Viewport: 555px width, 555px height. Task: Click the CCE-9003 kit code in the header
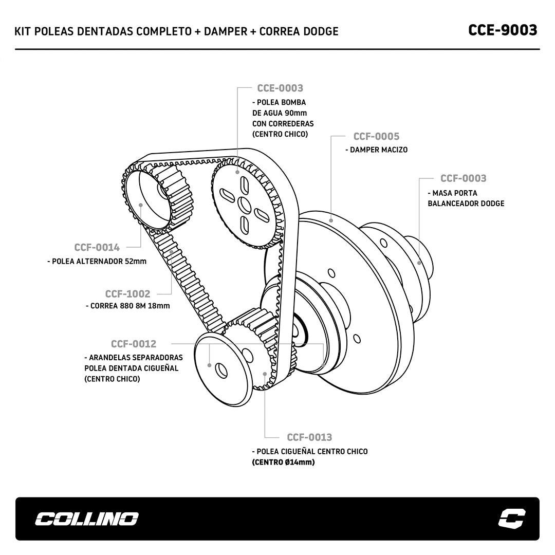pos(503,30)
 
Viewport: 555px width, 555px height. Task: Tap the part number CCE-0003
pos(280,88)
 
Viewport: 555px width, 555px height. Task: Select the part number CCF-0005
pos(376,136)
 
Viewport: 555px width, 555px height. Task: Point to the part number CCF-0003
pos(463,178)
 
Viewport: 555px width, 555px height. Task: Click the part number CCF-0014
pos(97,247)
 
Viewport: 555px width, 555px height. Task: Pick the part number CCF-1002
pos(127,294)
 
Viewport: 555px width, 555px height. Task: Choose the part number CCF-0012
pos(134,344)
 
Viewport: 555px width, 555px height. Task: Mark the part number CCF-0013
pos(309,437)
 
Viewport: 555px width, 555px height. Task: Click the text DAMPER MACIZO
pos(379,150)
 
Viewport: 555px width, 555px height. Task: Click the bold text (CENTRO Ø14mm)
pos(283,462)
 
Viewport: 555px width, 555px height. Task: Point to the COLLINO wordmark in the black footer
pos(86,519)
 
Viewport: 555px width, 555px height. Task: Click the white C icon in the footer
pos(512,519)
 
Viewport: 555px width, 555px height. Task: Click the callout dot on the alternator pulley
pos(141,205)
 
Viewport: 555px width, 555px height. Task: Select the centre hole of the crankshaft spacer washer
pos(221,369)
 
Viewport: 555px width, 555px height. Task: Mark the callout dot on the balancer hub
pos(419,262)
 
